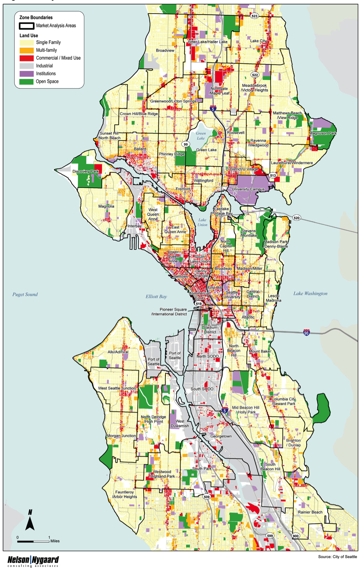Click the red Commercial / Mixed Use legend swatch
click(x=26, y=58)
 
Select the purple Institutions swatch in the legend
click(x=26, y=74)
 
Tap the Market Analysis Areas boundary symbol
click(x=26, y=26)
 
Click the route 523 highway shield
click(x=254, y=16)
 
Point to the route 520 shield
click(x=296, y=218)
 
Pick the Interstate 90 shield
click(x=306, y=333)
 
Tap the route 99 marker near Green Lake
click(x=185, y=144)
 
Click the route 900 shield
click(x=295, y=536)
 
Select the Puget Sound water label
click(x=25, y=295)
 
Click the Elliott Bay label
click(x=156, y=296)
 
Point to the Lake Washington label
click(x=310, y=294)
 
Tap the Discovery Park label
click(x=86, y=171)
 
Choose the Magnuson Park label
click(x=323, y=133)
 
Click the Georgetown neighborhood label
click(x=221, y=436)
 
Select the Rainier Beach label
click(x=310, y=512)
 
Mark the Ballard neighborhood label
click(x=140, y=149)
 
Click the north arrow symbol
click(x=30, y=520)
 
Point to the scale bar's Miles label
click(x=55, y=541)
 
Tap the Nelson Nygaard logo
click(x=33, y=561)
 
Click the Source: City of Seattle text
click(x=337, y=557)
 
